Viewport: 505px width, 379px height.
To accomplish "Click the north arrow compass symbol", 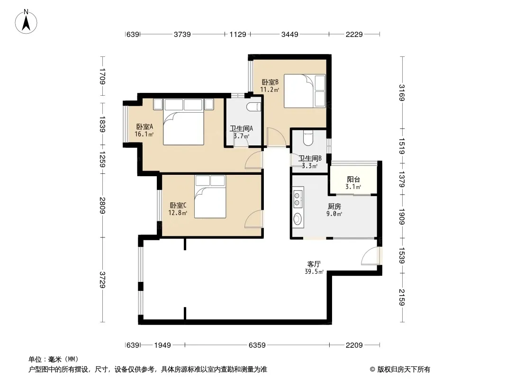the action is pyautogui.click(x=26, y=22).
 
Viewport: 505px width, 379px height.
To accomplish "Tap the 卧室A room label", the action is pyautogui.click(x=144, y=126).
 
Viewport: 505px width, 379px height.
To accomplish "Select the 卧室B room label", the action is pyautogui.click(x=270, y=82).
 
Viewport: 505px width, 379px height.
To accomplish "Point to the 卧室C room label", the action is pyautogui.click(x=178, y=206).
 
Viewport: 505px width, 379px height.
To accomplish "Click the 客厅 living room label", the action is pyautogui.click(x=314, y=264).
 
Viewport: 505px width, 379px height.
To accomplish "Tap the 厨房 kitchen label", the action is pyautogui.click(x=334, y=207).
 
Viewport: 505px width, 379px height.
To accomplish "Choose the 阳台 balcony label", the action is pyautogui.click(x=353, y=180).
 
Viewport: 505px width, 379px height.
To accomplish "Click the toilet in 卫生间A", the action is pyautogui.click(x=253, y=107).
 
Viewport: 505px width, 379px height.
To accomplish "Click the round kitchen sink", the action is pyautogui.click(x=297, y=219).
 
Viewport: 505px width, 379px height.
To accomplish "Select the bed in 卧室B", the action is pyautogui.click(x=305, y=91).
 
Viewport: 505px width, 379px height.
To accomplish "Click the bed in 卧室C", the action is pyautogui.click(x=210, y=197).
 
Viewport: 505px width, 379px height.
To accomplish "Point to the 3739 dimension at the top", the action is pyautogui.click(x=182, y=34).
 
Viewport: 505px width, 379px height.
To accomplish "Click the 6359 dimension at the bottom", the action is pyautogui.click(x=257, y=345).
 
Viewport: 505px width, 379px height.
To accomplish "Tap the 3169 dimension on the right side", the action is pyautogui.click(x=402, y=93).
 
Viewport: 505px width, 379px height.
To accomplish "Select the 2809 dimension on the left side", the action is pyautogui.click(x=102, y=206).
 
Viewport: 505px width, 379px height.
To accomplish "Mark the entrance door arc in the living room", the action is pyautogui.click(x=370, y=256).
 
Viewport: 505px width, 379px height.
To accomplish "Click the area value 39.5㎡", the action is pyautogui.click(x=314, y=272).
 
